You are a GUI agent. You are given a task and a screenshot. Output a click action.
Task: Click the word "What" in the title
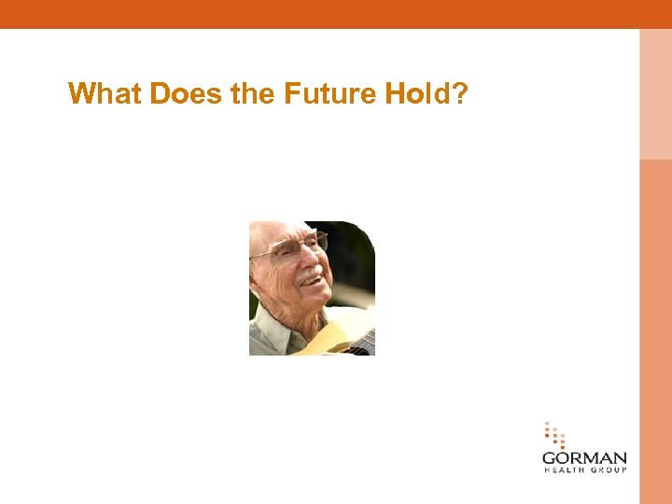tap(98, 94)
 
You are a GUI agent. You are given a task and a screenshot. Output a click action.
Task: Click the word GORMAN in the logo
tap(584, 459)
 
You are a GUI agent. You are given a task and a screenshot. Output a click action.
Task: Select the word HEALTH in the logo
tap(562, 470)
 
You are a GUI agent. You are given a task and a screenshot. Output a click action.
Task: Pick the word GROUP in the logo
tap(608, 470)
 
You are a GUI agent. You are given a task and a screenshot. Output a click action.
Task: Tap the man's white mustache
tap(310, 273)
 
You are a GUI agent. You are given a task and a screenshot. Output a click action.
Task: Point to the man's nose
tap(313, 259)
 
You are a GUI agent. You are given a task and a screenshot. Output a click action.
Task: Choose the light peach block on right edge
tap(655, 93)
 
